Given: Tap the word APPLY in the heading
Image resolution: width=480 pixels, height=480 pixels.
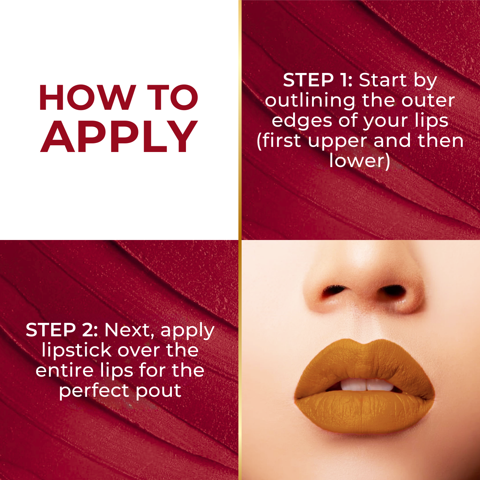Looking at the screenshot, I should point(119,137).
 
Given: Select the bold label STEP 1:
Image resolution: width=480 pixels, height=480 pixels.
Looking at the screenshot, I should point(317,80).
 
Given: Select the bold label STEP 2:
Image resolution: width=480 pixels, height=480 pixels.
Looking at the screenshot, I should point(62,330).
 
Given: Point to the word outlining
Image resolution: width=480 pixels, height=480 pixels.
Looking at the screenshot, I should point(310,101).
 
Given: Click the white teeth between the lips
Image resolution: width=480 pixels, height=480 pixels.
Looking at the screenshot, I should point(366,385).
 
